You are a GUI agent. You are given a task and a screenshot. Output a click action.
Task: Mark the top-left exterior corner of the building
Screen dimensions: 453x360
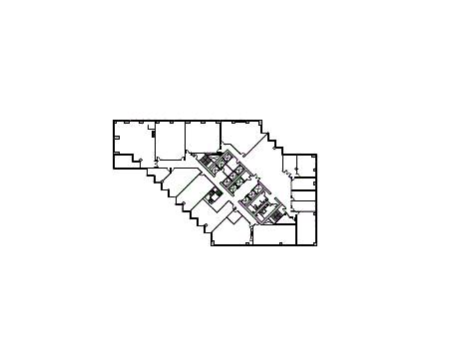click(x=114, y=121)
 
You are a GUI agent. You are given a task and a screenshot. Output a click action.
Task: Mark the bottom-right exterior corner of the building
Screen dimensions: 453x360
click(x=317, y=245)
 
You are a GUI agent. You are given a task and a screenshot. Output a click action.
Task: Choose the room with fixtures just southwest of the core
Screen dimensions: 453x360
click(x=212, y=197)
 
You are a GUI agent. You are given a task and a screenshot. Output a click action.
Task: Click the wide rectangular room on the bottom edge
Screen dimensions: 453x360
click(x=274, y=235)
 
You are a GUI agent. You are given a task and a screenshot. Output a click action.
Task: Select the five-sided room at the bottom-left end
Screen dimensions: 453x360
click(x=229, y=231)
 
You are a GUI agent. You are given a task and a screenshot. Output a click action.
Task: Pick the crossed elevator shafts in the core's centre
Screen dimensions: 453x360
click(x=237, y=181)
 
